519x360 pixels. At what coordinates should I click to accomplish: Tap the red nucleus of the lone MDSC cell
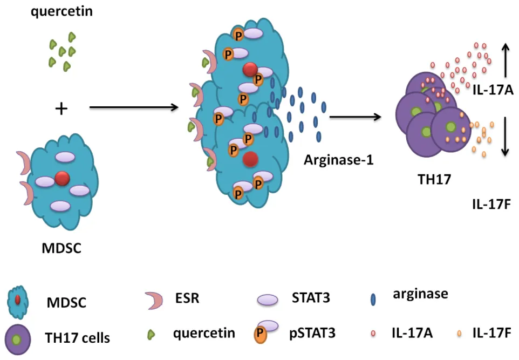tap(62, 178)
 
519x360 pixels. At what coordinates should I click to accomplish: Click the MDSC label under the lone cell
tap(61, 249)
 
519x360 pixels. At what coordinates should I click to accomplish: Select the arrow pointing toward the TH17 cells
tap(357, 117)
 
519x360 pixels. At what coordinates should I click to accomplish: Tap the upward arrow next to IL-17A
tap(506, 60)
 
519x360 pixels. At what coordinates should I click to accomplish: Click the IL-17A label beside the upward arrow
tap(493, 92)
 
